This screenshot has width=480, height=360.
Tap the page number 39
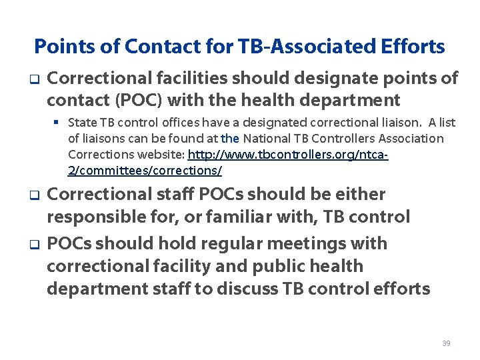(446, 343)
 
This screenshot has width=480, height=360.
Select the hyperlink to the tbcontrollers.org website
(288, 155)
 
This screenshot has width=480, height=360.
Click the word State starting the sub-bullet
(82, 123)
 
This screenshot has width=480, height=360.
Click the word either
(360, 195)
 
